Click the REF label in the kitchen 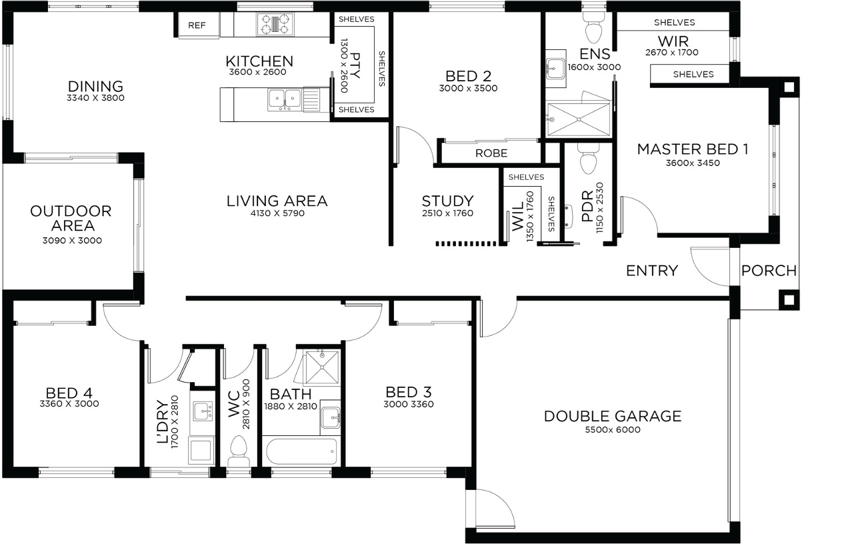pyautogui.click(x=197, y=25)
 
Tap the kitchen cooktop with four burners pyautogui.click(x=275, y=24)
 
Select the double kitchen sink pyautogui.click(x=285, y=99)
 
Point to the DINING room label pyautogui.click(x=95, y=86)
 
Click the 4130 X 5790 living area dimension pyautogui.click(x=278, y=213)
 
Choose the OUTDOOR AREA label pyautogui.click(x=71, y=218)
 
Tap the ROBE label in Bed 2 pyautogui.click(x=491, y=153)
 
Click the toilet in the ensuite pyautogui.click(x=594, y=27)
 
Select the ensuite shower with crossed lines pyautogui.click(x=578, y=119)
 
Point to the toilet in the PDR pyautogui.click(x=588, y=159)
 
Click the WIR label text pyautogui.click(x=673, y=41)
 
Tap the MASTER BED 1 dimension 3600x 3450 pyautogui.click(x=693, y=163)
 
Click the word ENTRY pyautogui.click(x=652, y=271)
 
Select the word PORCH pyautogui.click(x=769, y=271)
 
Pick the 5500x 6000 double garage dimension pyautogui.click(x=613, y=429)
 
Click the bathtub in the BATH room pyautogui.click(x=301, y=451)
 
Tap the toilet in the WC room pyautogui.click(x=238, y=452)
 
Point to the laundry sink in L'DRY pyautogui.click(x=203, y=411)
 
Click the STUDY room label pyautogui.click(x=447, y=201)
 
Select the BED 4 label pyautogui.click(x=69, y=393)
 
